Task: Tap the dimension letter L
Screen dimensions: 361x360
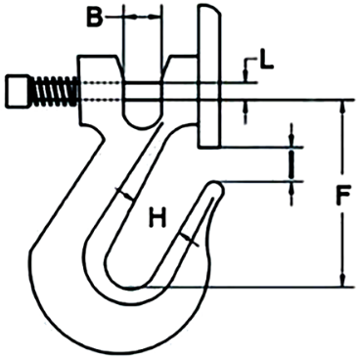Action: click(x=265, y=66)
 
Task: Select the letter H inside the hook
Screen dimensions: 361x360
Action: click(x=156, y=215)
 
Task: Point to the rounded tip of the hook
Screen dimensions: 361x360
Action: click(x=216, y=186)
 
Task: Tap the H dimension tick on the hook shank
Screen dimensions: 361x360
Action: click(x=124, y=194)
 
